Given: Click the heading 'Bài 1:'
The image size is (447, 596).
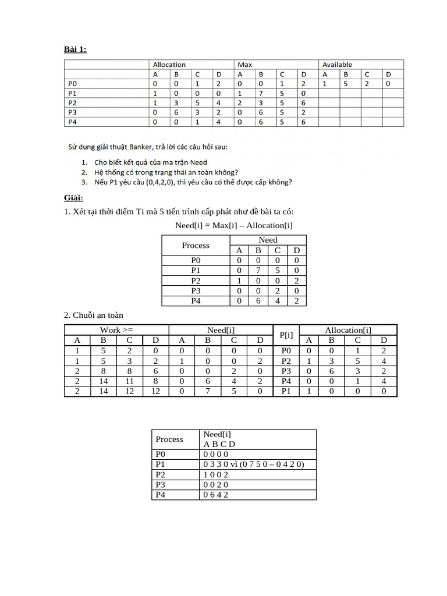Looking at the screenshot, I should coord(75,49).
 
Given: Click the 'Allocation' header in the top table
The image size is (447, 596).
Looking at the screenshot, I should coord(169,65).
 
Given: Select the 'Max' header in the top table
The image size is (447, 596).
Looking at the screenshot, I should coord(244,65).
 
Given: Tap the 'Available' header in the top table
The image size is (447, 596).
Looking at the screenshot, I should coord(337,65).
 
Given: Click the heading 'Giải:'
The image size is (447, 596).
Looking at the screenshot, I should coord(74,198).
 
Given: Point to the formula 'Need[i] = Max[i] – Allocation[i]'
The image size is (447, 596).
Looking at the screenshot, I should coord(233,225).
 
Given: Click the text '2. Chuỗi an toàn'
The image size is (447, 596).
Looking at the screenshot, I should coord(93,315).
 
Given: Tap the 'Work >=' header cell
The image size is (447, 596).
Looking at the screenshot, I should coord(116,330).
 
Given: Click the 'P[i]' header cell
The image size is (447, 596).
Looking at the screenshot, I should coord(285,335).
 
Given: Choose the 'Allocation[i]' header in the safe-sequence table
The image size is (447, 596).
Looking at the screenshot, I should coord(347,330).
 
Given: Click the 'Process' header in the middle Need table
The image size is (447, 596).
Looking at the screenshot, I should coord(196,245).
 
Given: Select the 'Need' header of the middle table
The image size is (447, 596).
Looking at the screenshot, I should coord(268,240).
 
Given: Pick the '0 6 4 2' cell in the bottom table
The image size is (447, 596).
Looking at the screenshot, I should coord(216,495).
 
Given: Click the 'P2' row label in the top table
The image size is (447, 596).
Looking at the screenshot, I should coord(73,102).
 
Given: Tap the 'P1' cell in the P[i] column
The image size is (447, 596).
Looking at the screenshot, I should coord(285,391).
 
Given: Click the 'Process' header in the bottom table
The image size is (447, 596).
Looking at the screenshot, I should coord(169,439).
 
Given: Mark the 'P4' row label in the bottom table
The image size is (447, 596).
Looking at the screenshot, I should coord(161,495).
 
